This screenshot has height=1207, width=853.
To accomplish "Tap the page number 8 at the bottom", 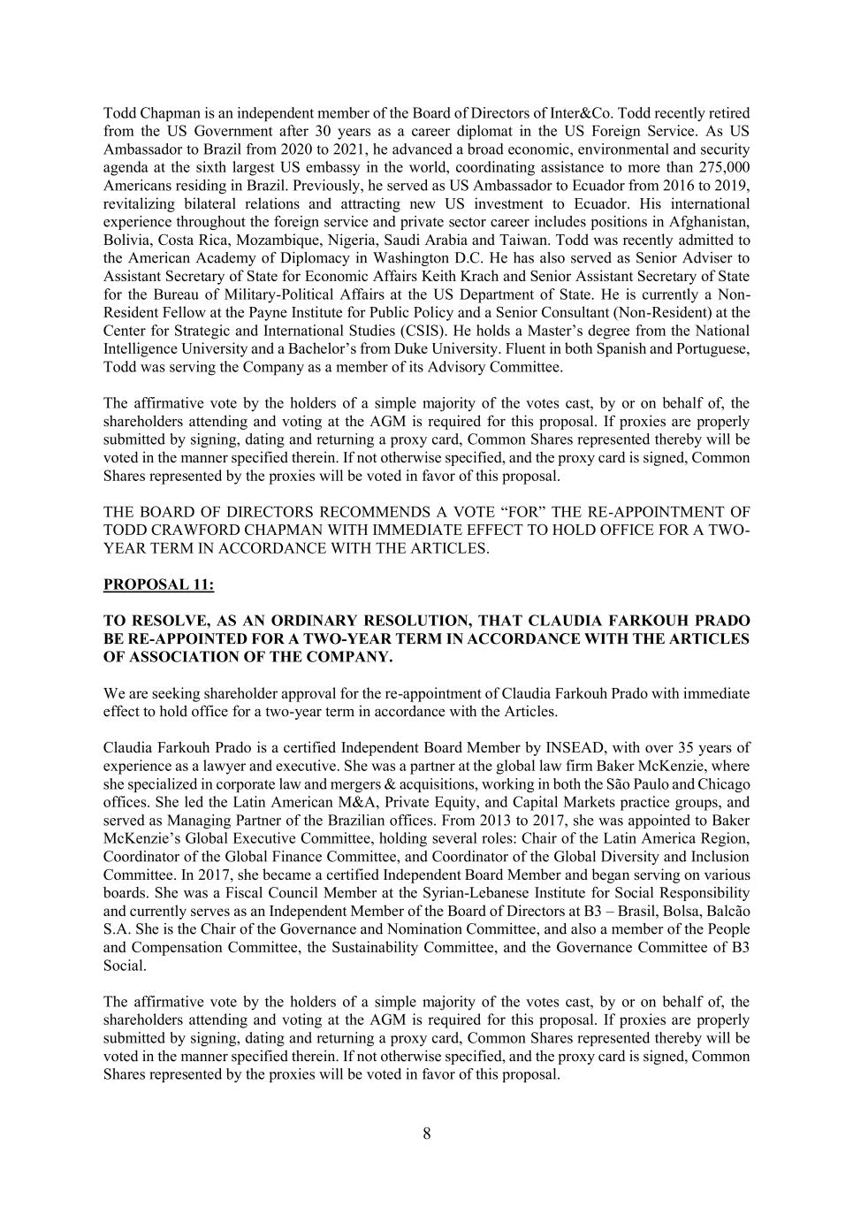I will [427, 1134].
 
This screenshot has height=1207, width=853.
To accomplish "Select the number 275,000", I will [721, 168].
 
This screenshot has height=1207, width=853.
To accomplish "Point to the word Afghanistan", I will [709, 222].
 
